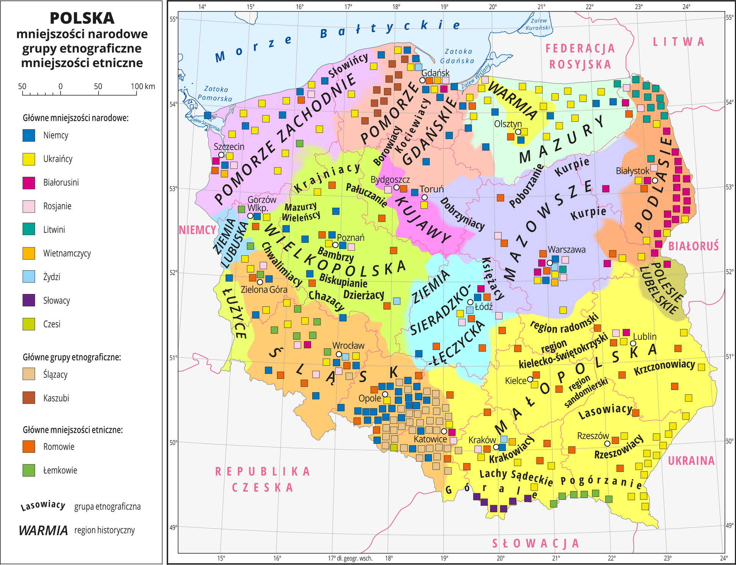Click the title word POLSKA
coord(82,18)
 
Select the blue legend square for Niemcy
coord(29,136)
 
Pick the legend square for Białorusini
coord(29,183)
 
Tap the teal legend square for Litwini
coord(29,230)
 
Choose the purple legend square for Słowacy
coord(29,300)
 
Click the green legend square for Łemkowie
coord(29,470)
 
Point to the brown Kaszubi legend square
coord(29,398)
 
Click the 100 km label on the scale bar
coord(143,87)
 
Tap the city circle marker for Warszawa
coord(550,263)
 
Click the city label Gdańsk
coord(435,73)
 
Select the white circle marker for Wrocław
coord(339,354)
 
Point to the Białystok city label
coord(632,171)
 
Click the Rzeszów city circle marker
coord(607,444)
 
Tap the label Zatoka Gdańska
coord(458,56)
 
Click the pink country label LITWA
coord(678,42)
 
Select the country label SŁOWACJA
coord(536,543)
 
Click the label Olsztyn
coord(508,124)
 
